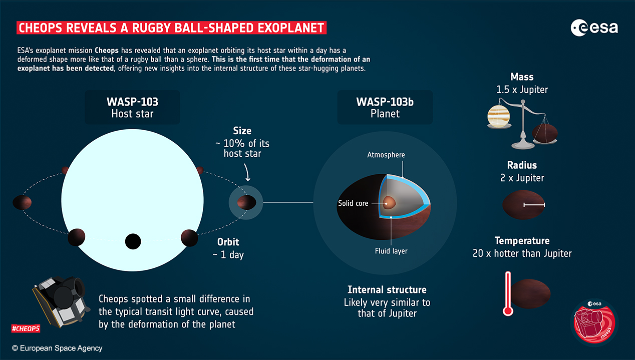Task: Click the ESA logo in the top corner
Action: point(594,28)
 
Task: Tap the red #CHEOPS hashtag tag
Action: point(26,328)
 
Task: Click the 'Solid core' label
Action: point(354,203)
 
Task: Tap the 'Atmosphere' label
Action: point(386,155)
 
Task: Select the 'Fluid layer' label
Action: point(391,250)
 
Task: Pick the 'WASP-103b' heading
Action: point(385,102)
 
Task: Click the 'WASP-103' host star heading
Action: point(132,102)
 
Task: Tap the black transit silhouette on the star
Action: point(133,241)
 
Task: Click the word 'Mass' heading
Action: point(522,77)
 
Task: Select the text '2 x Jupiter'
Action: point(522,177)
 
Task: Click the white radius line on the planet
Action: point(534,205)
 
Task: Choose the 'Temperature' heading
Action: point(522,241)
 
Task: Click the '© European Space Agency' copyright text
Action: point(57,348)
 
